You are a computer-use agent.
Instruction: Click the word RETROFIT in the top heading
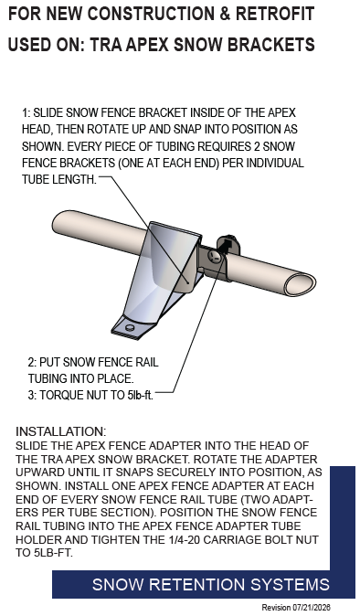tap(275, 14)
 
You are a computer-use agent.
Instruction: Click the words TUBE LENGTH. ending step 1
tap(58, 179)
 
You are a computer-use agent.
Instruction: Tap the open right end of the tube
tap(301, 284)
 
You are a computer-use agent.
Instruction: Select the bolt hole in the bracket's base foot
tap(130, 327)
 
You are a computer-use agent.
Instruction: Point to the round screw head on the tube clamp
tap(215, 257)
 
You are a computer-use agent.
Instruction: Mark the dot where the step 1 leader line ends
tap(188, 282)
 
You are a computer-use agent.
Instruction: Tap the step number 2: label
tap(32, 362)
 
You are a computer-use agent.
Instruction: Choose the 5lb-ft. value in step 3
tap(140, 395)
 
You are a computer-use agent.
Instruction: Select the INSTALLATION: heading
tap(61, 431)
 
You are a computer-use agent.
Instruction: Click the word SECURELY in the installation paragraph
tap(185, 473)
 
